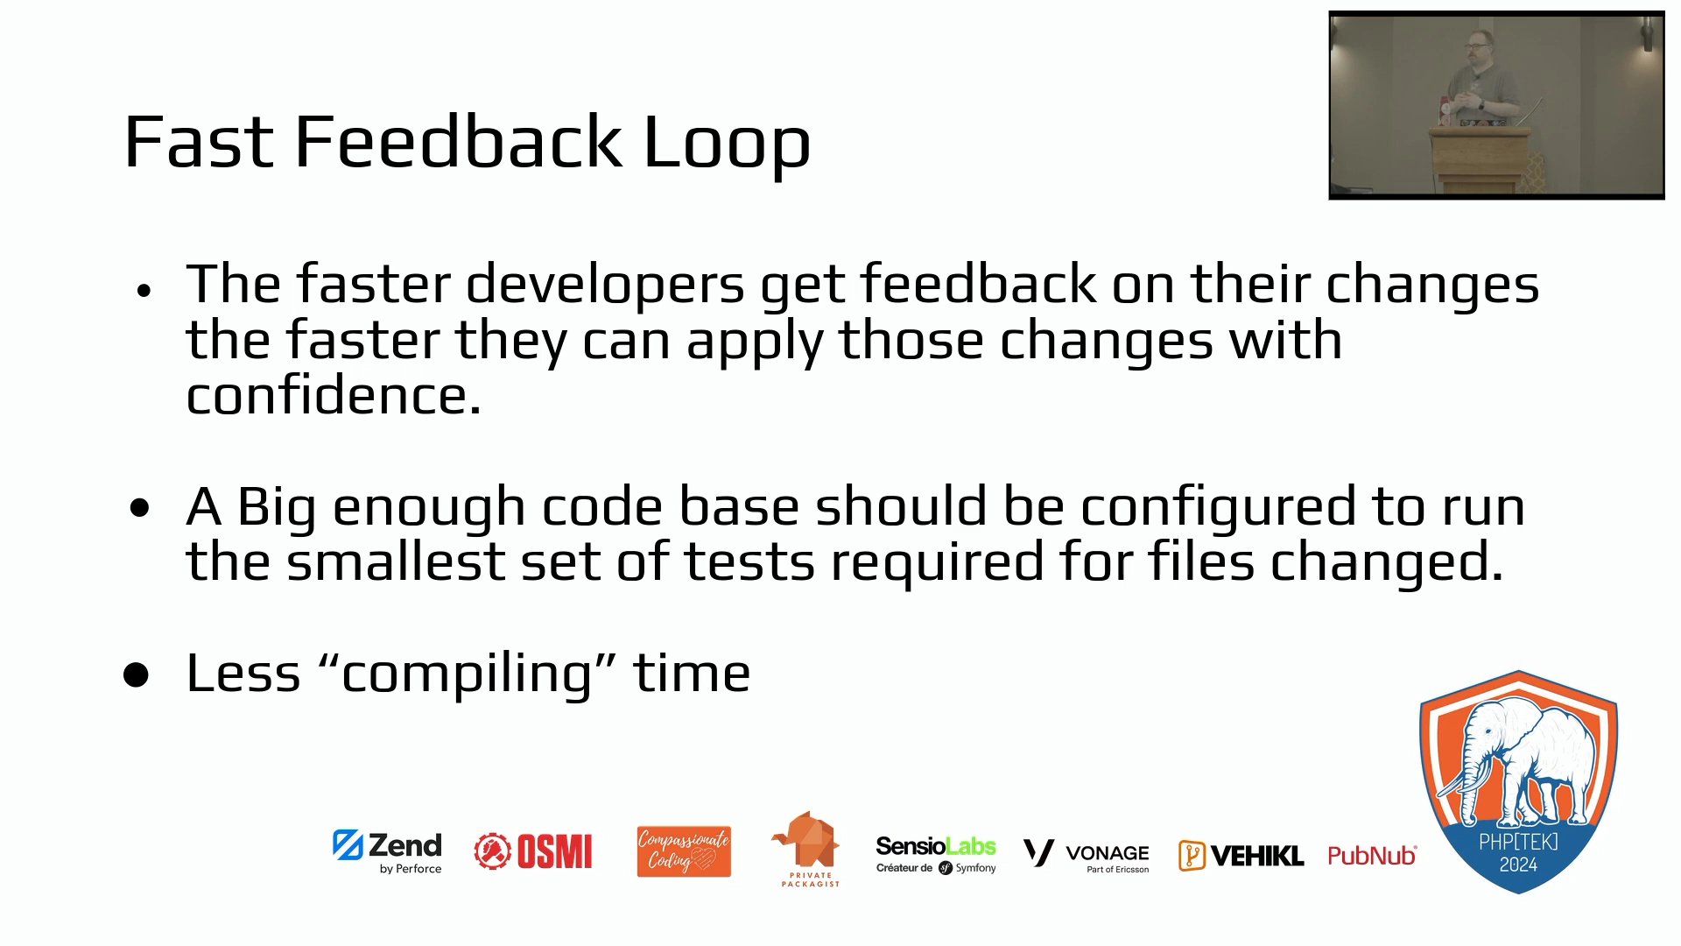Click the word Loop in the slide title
click(x=727, y=143)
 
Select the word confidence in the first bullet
click(x=333, y=396)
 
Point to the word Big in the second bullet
click(x=277, y=509)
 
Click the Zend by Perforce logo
click(x=387, y=851)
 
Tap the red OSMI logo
click(x=533, y=851)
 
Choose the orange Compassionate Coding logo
click(x=684, y=851)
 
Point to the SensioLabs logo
click(x=936, y=854)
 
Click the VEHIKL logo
click(x=1241, y=855)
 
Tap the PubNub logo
click(x=1372, y=856)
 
